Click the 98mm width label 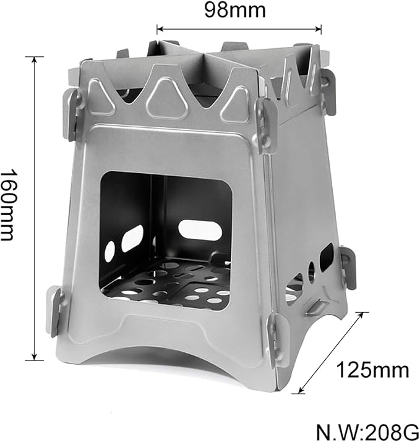tap(235, 11)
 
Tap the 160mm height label tap(9, 205)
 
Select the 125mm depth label tap(372, 370)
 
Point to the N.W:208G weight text tap(367, 431)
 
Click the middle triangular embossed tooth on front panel tap(167, 98)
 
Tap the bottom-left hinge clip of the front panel tap(56, 311)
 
